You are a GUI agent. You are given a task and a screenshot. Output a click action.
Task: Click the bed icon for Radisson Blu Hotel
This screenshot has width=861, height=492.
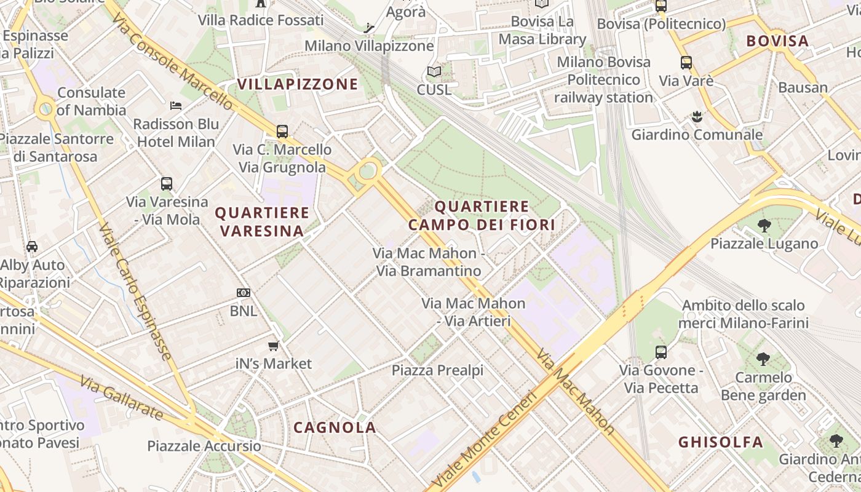(x=176, y=105)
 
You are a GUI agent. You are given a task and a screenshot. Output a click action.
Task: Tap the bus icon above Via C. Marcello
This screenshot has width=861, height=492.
(x=282, y=131)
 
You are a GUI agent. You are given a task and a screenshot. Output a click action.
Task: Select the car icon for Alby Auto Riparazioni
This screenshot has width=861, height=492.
(x=32, y=247)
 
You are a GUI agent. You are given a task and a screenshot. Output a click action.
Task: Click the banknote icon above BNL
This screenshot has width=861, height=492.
(x=244, y=293)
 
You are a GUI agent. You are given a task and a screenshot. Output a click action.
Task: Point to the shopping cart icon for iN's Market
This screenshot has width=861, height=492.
(x=274, y=346)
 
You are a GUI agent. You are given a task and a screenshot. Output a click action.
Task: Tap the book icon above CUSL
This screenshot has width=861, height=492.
(x=434, y=71)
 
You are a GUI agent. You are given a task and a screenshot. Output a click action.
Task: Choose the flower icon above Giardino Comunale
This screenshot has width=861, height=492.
(x=697, y=116)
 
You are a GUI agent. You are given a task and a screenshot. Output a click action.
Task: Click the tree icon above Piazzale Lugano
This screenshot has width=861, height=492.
(x=764, y=226)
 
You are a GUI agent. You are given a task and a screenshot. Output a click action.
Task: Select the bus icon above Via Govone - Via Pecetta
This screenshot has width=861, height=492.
(x=661, y=352)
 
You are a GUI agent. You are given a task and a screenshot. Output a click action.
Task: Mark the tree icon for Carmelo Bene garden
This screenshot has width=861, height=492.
(x=763, y=359)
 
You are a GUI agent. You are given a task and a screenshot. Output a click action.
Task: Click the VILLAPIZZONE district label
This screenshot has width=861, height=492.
(x=298, y=84)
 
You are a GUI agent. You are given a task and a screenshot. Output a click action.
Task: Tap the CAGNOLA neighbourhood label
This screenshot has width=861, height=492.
(x=335, y=427)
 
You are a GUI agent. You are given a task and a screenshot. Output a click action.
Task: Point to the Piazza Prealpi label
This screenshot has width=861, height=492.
(x=438, y=370)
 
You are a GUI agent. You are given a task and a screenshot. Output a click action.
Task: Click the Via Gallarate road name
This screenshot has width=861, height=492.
(x=121, y=399)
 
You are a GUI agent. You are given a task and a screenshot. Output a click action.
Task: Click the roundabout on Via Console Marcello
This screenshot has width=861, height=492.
(x=368, y=170)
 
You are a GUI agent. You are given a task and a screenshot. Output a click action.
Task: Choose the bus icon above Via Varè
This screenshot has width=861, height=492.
(x=686, y=63)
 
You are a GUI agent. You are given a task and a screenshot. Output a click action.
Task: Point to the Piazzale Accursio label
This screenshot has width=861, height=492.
(x=204, y=446)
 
